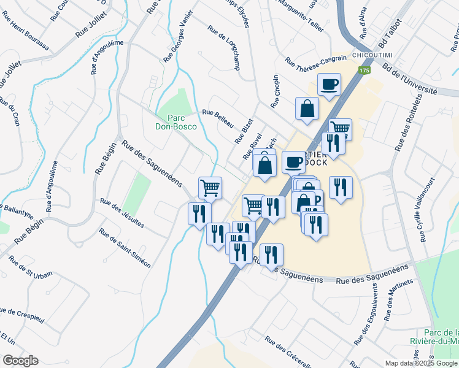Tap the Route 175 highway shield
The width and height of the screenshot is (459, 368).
pos(365,71)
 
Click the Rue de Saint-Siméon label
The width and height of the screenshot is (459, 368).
pos(125,248)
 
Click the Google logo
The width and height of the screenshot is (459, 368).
pos(20,361)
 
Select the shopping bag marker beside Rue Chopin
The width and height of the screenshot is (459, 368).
pos(306,109)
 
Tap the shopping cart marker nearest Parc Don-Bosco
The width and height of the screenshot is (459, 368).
pos(209,186)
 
